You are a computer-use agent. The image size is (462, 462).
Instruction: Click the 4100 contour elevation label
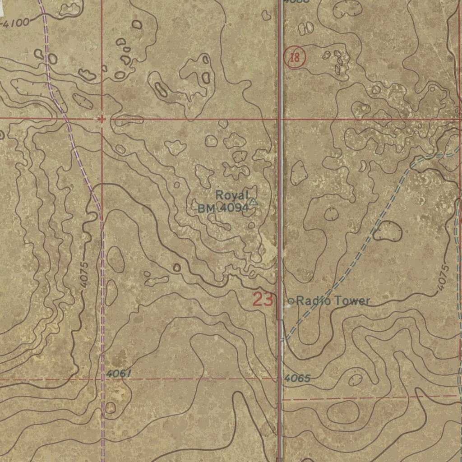[x=17, y=22]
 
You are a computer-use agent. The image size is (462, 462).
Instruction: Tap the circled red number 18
[x=295, y=58]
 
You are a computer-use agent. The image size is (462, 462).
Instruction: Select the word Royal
[x=232, y=195]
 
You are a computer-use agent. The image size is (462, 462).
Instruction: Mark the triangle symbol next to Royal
[x=254, y=202]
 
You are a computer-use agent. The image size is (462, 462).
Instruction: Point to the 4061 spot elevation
[x=120, y=374]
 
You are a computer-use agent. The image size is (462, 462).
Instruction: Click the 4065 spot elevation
[x=297, y=378]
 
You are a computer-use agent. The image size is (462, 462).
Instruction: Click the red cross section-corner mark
[x=102, y=119]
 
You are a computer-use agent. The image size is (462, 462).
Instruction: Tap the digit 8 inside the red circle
[x=297, y=58]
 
